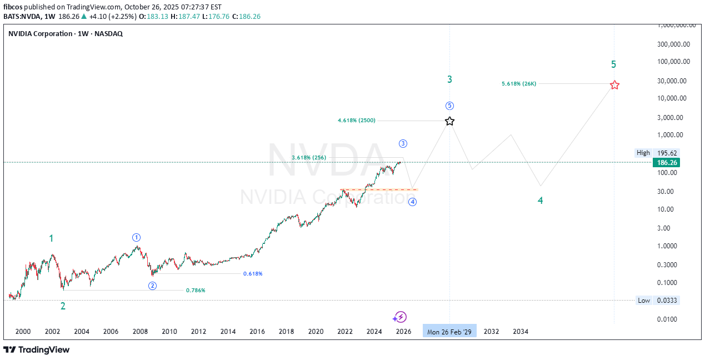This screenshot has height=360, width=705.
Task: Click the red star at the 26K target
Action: (614, 85)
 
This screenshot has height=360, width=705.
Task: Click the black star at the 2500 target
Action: (449, 121)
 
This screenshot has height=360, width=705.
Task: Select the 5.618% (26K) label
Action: (518, 84)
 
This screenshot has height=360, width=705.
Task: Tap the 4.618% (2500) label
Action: (356, 120)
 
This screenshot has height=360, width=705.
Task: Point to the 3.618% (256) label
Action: (309, 158)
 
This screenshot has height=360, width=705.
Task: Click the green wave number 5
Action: (613, 64)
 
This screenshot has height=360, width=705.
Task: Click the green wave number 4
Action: (540, 201)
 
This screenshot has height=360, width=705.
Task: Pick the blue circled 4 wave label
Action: (412, 202)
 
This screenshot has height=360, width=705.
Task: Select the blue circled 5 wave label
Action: (449, 106)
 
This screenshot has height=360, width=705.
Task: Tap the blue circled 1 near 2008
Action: (136, 237)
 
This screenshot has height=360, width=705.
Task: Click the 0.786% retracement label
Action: (196, 291)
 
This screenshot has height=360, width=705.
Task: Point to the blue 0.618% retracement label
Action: (253, 274)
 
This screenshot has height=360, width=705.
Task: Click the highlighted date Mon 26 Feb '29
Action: (449, 332)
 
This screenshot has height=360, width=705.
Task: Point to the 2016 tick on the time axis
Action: (257, 332)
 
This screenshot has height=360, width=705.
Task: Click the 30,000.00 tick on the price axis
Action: (671, 81)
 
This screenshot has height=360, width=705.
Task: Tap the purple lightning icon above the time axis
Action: (399, 317)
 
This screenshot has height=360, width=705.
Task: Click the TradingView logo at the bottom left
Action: (37, 349)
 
